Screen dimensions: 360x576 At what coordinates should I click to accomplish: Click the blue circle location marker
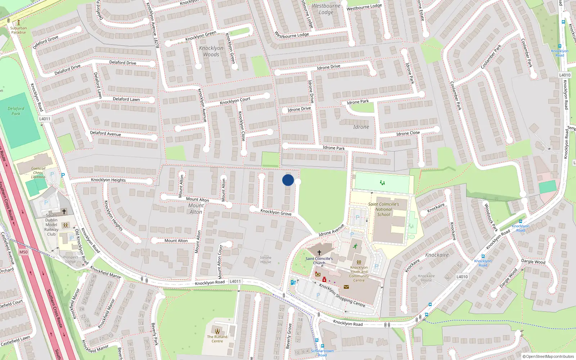(x=288, y=180)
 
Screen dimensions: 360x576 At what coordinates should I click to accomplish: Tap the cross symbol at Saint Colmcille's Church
(x=319, y=253)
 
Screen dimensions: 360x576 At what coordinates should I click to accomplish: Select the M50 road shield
(x=23, y=252)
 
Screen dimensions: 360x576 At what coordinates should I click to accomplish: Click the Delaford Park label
(x=16, y=111)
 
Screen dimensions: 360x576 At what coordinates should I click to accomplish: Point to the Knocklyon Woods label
(x=211, y=51)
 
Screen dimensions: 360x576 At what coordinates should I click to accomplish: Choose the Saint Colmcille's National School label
(x=383, y=209)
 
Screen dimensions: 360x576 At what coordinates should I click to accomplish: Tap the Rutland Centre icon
(x=217, y=331)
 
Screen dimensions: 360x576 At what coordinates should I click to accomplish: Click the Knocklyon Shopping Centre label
(x=342, y=295)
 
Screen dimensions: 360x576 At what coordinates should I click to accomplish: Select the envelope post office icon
(x=346, y=287)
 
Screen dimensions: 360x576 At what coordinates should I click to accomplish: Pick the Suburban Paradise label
(x=18, y=30)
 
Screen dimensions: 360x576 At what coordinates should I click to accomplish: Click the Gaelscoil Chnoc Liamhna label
(x=38, y=172)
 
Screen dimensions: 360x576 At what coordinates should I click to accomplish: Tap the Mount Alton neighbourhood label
(x=196, y=208)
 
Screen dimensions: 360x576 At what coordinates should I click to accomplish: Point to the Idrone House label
(x=266, y=260)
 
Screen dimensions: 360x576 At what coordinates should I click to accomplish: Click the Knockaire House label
(x=426, y=278)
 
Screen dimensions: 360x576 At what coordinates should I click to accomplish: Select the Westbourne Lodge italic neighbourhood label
(x=326, y=9)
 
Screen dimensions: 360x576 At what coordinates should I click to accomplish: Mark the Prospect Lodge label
(x=71, y=259)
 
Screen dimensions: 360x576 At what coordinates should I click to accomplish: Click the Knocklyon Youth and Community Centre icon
(x=359, y=262)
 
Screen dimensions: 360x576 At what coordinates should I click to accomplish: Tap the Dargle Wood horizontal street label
(x=533, y=261)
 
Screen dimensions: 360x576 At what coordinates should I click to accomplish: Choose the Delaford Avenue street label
(x=105, y=134)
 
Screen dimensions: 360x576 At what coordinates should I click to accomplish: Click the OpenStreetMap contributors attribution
(x=548, y=356)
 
